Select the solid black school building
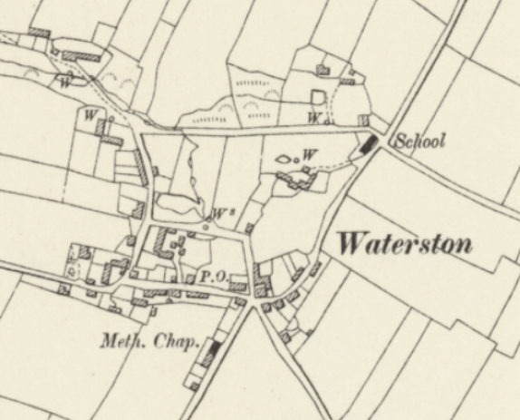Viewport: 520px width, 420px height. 368,143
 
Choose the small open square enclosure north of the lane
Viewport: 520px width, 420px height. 318,96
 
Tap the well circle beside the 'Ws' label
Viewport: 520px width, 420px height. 207,218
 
